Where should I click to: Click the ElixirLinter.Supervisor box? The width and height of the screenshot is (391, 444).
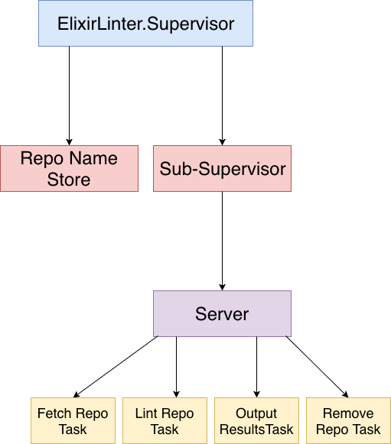pos(145,23)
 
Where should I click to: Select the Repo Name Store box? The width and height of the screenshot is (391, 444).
pos(69,168)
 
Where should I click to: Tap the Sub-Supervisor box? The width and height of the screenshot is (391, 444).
pos(223,168)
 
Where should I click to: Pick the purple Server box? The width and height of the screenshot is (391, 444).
pos(223,313)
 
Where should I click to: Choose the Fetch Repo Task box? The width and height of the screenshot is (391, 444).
pos(73,420)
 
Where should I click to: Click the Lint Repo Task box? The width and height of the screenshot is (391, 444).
pos(165,420)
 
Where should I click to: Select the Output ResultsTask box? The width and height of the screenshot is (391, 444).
pos(256,420)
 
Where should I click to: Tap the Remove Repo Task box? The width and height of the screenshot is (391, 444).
pos(348,420)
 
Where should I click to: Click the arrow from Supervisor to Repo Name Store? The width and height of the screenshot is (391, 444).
pos(69,96)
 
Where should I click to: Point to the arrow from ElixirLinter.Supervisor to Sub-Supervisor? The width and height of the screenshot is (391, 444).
pos(223,96)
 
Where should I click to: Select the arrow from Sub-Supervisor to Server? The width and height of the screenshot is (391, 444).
pos(223,241)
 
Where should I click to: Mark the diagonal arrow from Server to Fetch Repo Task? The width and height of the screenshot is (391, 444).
pos(116,367)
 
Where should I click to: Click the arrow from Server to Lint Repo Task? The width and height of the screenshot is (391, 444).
pos(176,367)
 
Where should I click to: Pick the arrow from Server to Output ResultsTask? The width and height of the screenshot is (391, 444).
pos(256,367)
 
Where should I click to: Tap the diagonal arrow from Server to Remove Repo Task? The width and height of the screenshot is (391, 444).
pos(317,367)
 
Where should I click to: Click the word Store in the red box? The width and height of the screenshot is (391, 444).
pos(69,180)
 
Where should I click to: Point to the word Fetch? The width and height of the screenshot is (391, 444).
pos(54,413)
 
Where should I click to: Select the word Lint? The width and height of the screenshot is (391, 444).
pos(144,413)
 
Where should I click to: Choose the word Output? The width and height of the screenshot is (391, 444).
pos(256,413)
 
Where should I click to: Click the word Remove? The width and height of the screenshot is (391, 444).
pos(348,413)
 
